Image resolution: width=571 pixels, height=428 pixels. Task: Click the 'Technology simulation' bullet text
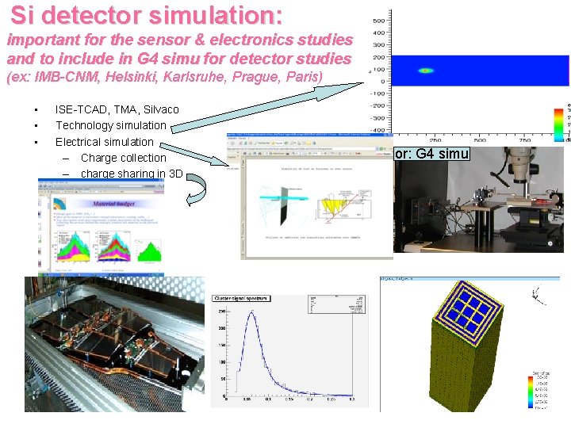tap(110, 125)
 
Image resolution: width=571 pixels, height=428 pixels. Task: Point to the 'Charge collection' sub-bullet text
tap(123, 158)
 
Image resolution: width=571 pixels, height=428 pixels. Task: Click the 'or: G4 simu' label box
tap(432, 154)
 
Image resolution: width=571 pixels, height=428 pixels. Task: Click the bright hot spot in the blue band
tap(426, 71)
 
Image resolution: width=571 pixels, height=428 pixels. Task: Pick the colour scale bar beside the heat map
tap(560, 119)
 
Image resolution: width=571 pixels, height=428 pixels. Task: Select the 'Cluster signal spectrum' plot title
tap(241, 299)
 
